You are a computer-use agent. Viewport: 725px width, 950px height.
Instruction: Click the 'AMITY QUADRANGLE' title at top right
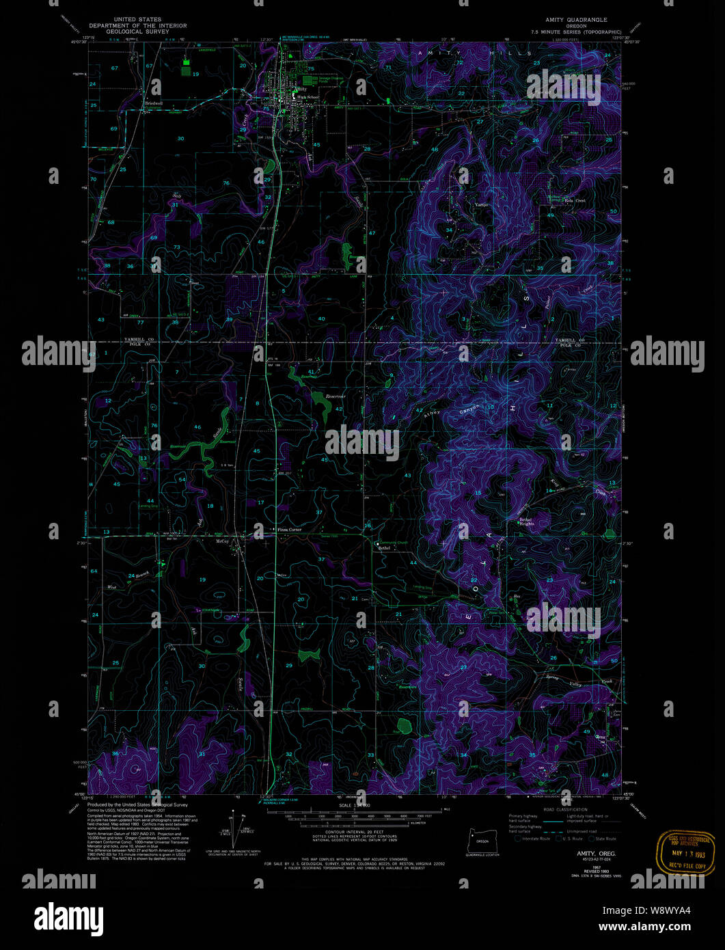[x=575, y=20]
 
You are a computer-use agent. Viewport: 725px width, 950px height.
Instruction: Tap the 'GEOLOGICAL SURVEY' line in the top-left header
[x=138, y=31]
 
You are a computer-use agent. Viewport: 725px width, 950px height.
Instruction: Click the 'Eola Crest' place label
[x=575, y=200]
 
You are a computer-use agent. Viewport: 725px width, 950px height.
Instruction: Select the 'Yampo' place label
[x=482, y=204]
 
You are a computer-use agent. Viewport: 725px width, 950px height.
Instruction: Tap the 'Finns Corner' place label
[x=289, y=530]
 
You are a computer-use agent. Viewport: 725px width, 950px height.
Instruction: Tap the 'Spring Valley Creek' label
[x=579, y=681]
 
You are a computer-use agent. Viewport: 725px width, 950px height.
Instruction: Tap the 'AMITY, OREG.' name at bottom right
[x=596, y=854]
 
